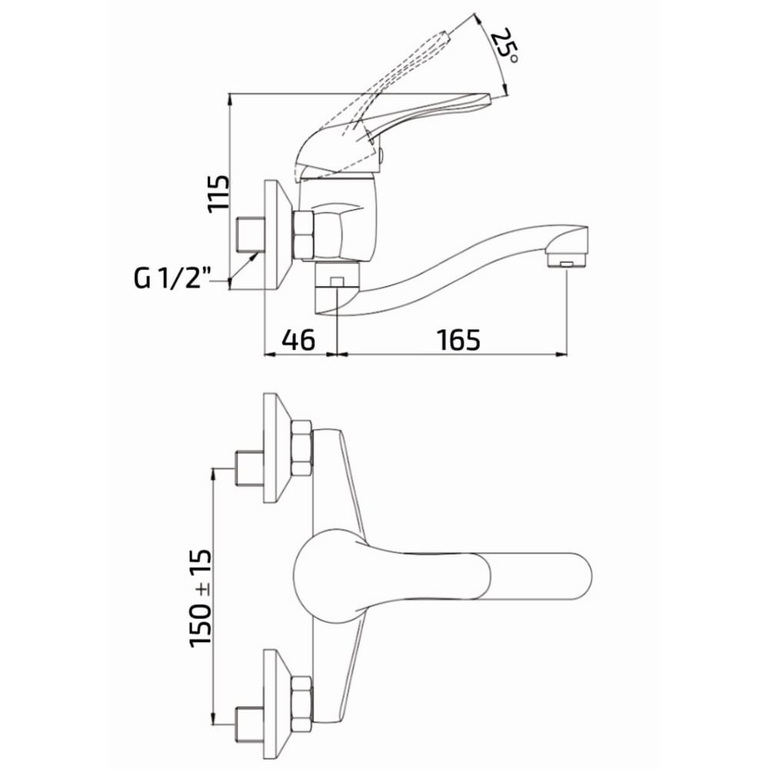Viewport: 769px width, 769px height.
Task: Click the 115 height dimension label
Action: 218,193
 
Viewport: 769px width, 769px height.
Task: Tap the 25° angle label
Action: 504,46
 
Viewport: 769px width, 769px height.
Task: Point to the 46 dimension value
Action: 298,340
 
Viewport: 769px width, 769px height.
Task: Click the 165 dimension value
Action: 458,340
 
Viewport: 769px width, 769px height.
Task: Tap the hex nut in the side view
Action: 303,235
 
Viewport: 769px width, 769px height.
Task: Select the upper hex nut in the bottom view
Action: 301,448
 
